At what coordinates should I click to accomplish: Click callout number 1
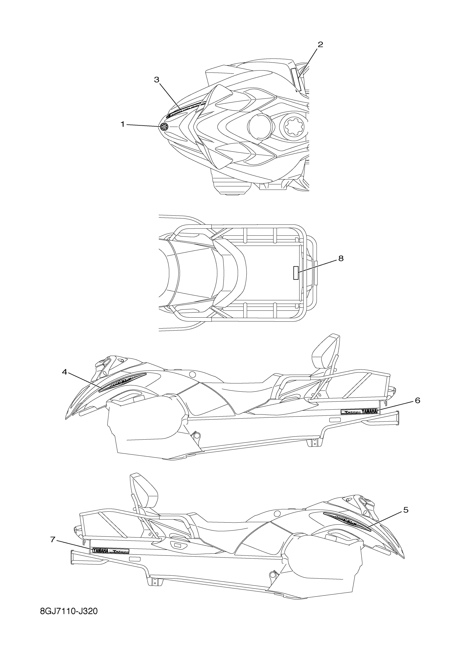coord(122,124)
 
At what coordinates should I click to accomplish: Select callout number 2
coord(320,45)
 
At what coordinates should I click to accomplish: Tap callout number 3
coord(157,80)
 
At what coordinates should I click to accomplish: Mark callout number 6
coord(417,400)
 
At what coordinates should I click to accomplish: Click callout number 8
coord(341,258)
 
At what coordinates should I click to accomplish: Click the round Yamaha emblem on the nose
coord(164,126)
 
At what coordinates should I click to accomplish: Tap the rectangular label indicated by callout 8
coord(296,273)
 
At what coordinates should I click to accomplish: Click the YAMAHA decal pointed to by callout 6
coord(360,411)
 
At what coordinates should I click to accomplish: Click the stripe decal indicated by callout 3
coord(185,108)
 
